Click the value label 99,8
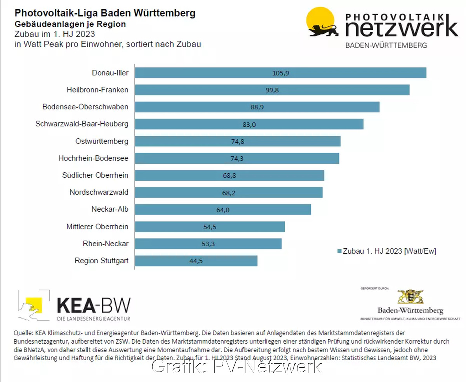coord(272,90)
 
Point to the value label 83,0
coord(249,124)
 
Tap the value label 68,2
coord(229,192)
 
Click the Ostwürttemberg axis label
coord(102,141)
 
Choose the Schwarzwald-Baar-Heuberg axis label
coord(82,124)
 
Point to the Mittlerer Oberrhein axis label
coord(97,226)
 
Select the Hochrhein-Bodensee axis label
coord(93,158)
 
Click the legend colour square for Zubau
coord(339,251)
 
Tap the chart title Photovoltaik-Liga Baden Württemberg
coord(105,14)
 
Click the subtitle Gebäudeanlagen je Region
coord(70,24)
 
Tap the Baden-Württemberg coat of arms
coord(410,297)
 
